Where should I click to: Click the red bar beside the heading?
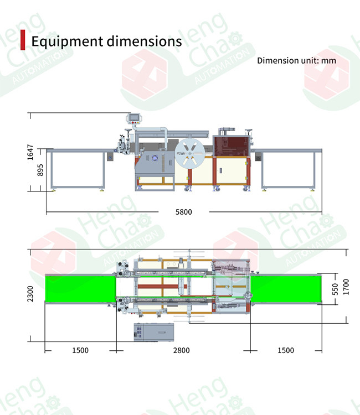(23, 40)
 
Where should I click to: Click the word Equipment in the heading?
(67, 41)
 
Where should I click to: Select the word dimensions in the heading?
(144, 41)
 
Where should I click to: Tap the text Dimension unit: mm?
(296, 61)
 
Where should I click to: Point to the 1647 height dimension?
(30, 152)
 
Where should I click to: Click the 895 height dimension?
(40, 170)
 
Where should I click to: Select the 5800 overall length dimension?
(183, 212)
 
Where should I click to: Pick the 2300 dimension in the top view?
(30, 293)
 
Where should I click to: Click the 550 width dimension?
(336, 289)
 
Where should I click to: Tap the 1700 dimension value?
(346, 287)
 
